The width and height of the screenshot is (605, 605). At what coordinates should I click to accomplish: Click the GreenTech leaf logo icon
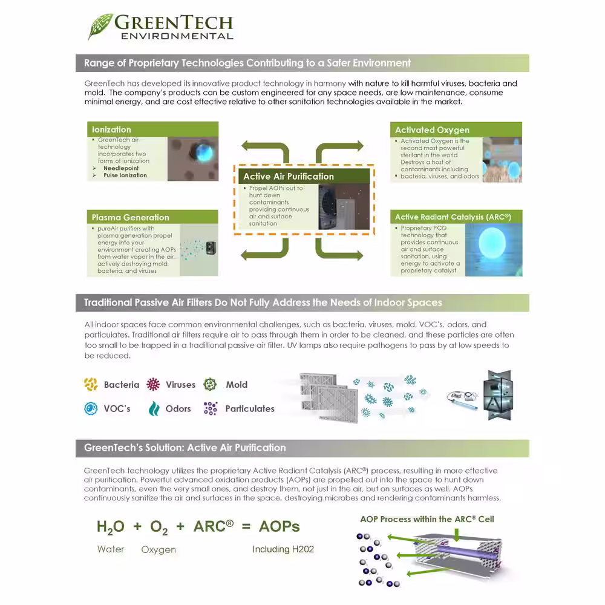pos(100,26)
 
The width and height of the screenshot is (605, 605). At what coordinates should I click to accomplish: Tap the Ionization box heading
pos(111,129)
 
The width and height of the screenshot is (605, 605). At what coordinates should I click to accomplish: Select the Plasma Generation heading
pos(130,217)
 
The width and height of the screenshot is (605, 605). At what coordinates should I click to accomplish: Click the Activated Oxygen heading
pos(432,130)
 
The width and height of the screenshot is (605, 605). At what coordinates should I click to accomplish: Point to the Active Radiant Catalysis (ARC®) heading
pos(453,217)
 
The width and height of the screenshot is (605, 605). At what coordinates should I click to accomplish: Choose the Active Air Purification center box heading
pos(288,177)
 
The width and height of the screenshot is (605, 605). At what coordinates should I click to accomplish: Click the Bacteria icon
pos(91,384)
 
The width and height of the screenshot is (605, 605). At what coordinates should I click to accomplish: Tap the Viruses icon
pos(154,384)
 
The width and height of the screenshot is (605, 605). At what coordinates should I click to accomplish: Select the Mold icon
pos(210,384)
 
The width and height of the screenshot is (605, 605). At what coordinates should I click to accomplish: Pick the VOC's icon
pos(91,408)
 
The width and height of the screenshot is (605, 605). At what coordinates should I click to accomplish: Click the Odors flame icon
pos(154,408)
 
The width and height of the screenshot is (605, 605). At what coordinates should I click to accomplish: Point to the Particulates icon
pos(210,408)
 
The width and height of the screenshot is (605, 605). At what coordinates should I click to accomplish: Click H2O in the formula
pos(110,527)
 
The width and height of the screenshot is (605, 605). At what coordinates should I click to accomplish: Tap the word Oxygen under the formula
pos(159,549)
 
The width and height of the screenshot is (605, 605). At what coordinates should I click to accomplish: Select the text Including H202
pos(283,549)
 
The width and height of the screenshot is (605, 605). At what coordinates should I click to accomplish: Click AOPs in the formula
pos(279,526)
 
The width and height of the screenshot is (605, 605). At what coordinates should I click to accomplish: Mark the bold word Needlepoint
pos(121,168)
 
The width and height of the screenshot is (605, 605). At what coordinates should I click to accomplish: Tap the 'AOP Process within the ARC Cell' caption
pos(427,519)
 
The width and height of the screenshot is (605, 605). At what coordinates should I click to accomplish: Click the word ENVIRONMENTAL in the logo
pos(177,36)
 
